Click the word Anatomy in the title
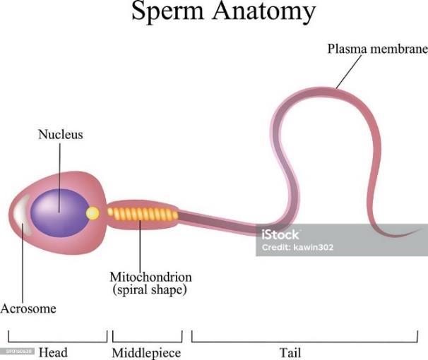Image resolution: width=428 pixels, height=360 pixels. (x=266, y=13)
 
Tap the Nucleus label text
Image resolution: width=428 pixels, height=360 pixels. (x=60, y=134)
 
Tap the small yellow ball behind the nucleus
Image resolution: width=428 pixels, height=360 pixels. (x=93, y=212)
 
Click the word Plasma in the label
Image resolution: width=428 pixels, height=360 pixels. (x=346, y=49)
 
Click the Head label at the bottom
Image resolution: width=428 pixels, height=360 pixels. (x=53, y=352)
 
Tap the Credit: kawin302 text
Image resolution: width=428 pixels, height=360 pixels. (x=297, y=248)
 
